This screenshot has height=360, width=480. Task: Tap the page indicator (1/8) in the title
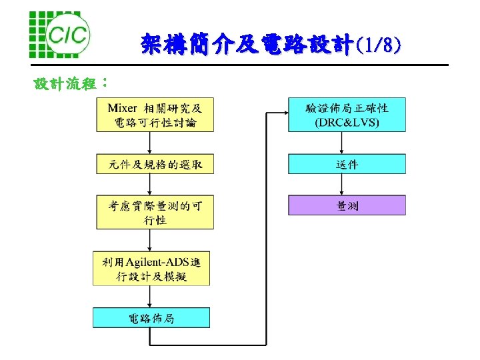click(378, 45)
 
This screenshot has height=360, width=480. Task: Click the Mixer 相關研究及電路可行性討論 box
click(155, 115)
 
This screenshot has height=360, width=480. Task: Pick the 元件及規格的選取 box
click(155, 164)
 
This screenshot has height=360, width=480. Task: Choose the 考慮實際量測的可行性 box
click(155, 212)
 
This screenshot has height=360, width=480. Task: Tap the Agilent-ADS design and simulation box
click(151, 268)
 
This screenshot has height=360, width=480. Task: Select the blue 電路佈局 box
click(151, 318)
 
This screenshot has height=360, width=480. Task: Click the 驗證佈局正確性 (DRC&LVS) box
click(347, 115)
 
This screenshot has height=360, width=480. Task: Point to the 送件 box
click(347, 164)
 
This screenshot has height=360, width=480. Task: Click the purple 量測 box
click(347, 205)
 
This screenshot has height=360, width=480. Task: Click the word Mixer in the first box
click(122, 107)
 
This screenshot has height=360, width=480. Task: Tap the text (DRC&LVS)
click(347, 122)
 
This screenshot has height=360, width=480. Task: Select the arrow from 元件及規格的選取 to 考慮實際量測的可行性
click(151, 185)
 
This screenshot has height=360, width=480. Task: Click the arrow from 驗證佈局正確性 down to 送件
click(342, 143)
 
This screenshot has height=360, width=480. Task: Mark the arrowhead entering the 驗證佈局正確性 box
click(283, 115)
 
